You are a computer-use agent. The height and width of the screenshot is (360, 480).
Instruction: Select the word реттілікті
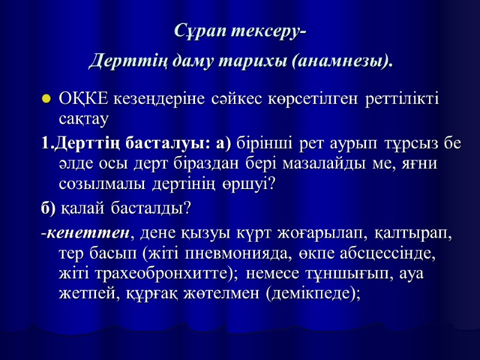394,98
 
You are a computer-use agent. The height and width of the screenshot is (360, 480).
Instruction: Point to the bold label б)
48,208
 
